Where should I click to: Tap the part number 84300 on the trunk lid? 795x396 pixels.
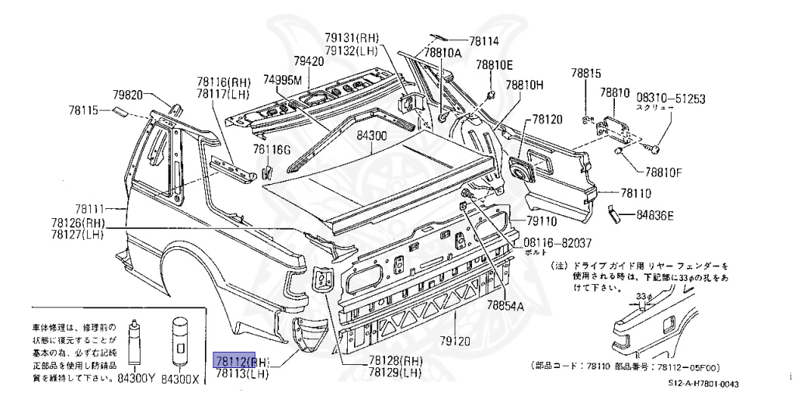point(371,135)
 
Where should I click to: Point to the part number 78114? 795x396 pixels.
point(484,42)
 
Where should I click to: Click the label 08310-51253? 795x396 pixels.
point(671,99)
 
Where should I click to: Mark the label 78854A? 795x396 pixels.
point(505,305)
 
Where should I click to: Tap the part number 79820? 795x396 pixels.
point(128,95)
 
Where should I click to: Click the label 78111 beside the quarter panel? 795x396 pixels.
point(89,209)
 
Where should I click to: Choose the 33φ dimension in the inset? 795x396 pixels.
point(642,296)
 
